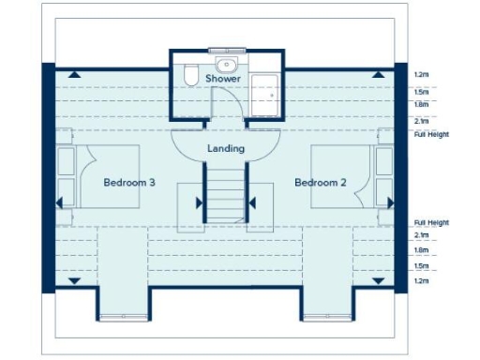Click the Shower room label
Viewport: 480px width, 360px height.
pos(223,79)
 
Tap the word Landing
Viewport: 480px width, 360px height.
pos(225,148)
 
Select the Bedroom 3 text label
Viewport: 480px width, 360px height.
pos(129,182)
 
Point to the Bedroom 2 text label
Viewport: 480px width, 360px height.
pos(321,182)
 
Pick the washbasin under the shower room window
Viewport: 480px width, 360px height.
pos(225,64)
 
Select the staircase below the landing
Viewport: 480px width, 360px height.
pos(225,198)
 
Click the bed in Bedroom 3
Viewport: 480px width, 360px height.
pos(105,176)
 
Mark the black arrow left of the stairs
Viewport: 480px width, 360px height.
pos(200,202)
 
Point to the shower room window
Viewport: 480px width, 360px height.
pos(225,49)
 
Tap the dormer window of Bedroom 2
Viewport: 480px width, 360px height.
pos(326,318)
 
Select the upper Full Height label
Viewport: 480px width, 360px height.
pos(431,134)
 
